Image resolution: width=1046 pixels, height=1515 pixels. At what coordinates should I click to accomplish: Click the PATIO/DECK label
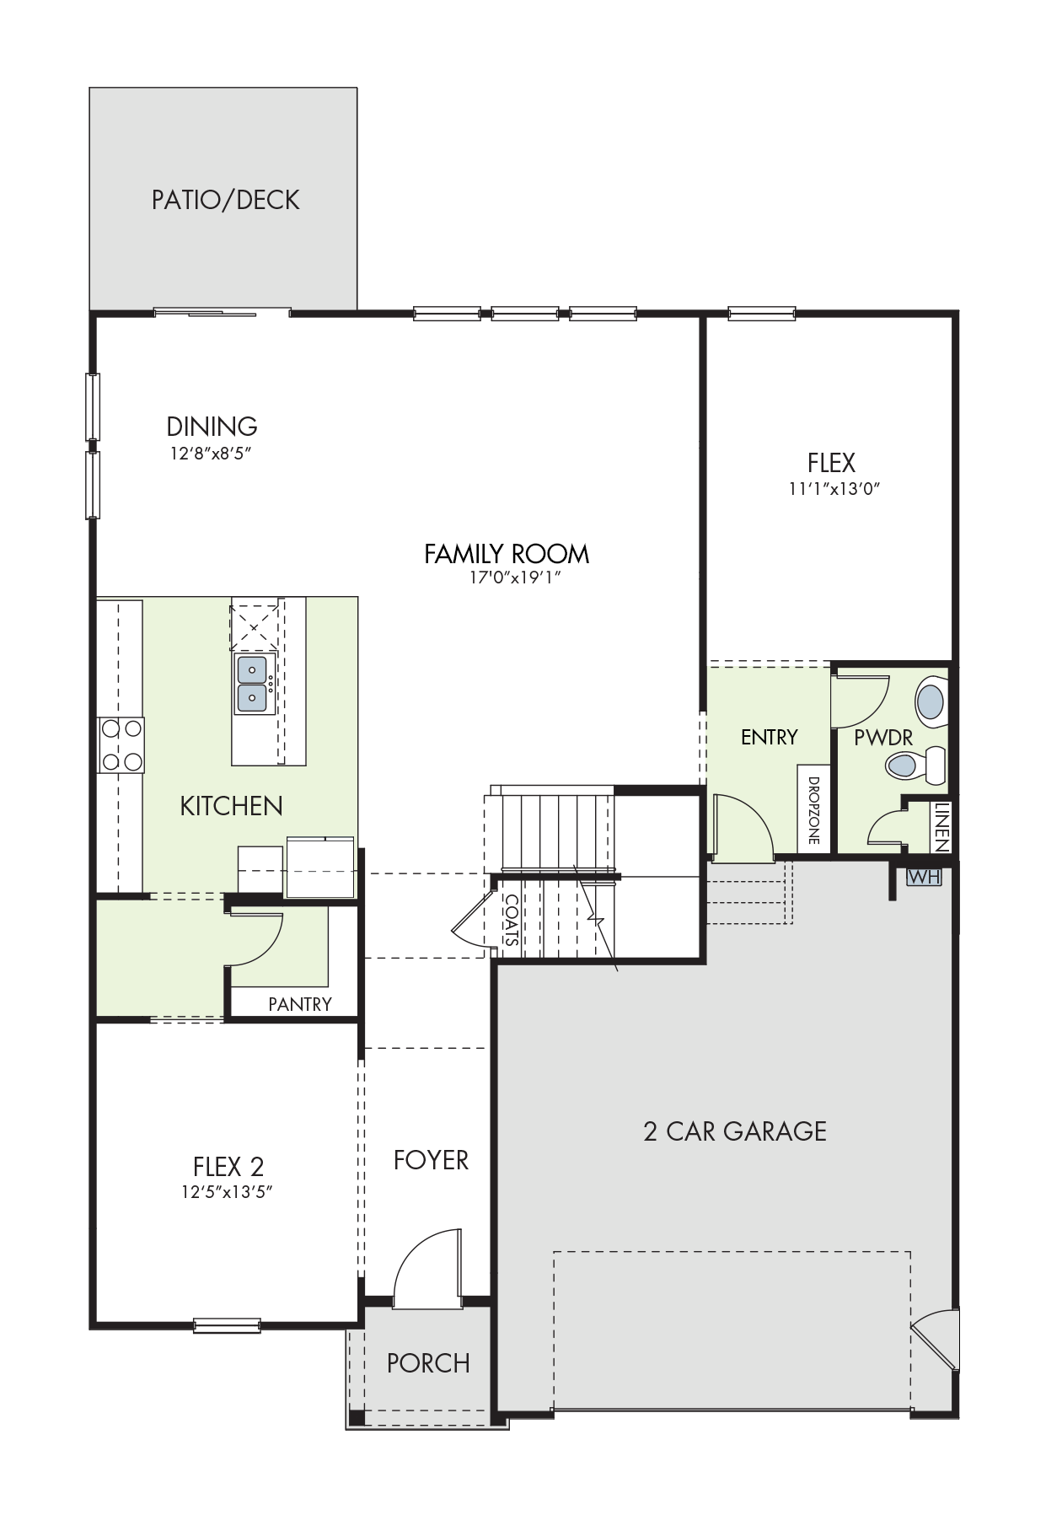[x=225, y=200]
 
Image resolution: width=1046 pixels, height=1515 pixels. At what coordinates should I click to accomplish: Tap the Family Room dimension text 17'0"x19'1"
[x=515, y=578]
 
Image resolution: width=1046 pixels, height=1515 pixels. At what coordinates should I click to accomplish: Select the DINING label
[x=212, y=426]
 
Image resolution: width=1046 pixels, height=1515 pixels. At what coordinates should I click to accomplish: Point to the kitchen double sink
[x=252, y=684]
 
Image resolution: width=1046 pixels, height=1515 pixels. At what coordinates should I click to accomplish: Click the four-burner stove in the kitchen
[x=121, y=745]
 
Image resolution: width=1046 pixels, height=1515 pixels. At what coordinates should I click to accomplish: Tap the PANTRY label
[x=300, y=1004]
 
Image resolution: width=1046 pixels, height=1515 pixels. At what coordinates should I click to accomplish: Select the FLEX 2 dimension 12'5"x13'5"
[x=228, y=1192]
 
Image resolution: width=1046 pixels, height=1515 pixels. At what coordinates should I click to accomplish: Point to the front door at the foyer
[x=428, y=1268]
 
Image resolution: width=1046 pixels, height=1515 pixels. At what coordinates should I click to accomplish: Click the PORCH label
[x=428, y=1363]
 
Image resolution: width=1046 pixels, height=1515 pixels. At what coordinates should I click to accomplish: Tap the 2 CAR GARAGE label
[x=735, y=1131]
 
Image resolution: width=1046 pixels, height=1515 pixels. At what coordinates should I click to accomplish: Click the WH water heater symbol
[x=924, y=877]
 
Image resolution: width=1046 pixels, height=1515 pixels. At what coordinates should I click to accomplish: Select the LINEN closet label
[x=942, y=826]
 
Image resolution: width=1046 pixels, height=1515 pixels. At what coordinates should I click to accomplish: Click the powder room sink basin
[x=931, y=701]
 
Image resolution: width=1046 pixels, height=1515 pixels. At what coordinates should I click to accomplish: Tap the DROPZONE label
[x=813, y=810]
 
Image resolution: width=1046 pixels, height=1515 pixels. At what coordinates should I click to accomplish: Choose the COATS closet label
[x=512, y=921]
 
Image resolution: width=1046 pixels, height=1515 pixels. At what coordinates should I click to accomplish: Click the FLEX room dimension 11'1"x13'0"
[x=834, y=488]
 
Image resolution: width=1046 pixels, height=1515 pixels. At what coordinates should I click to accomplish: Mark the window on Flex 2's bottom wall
[x=227, y=1326]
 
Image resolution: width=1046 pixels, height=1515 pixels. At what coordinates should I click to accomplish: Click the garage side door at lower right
[x=936, y=1339]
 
